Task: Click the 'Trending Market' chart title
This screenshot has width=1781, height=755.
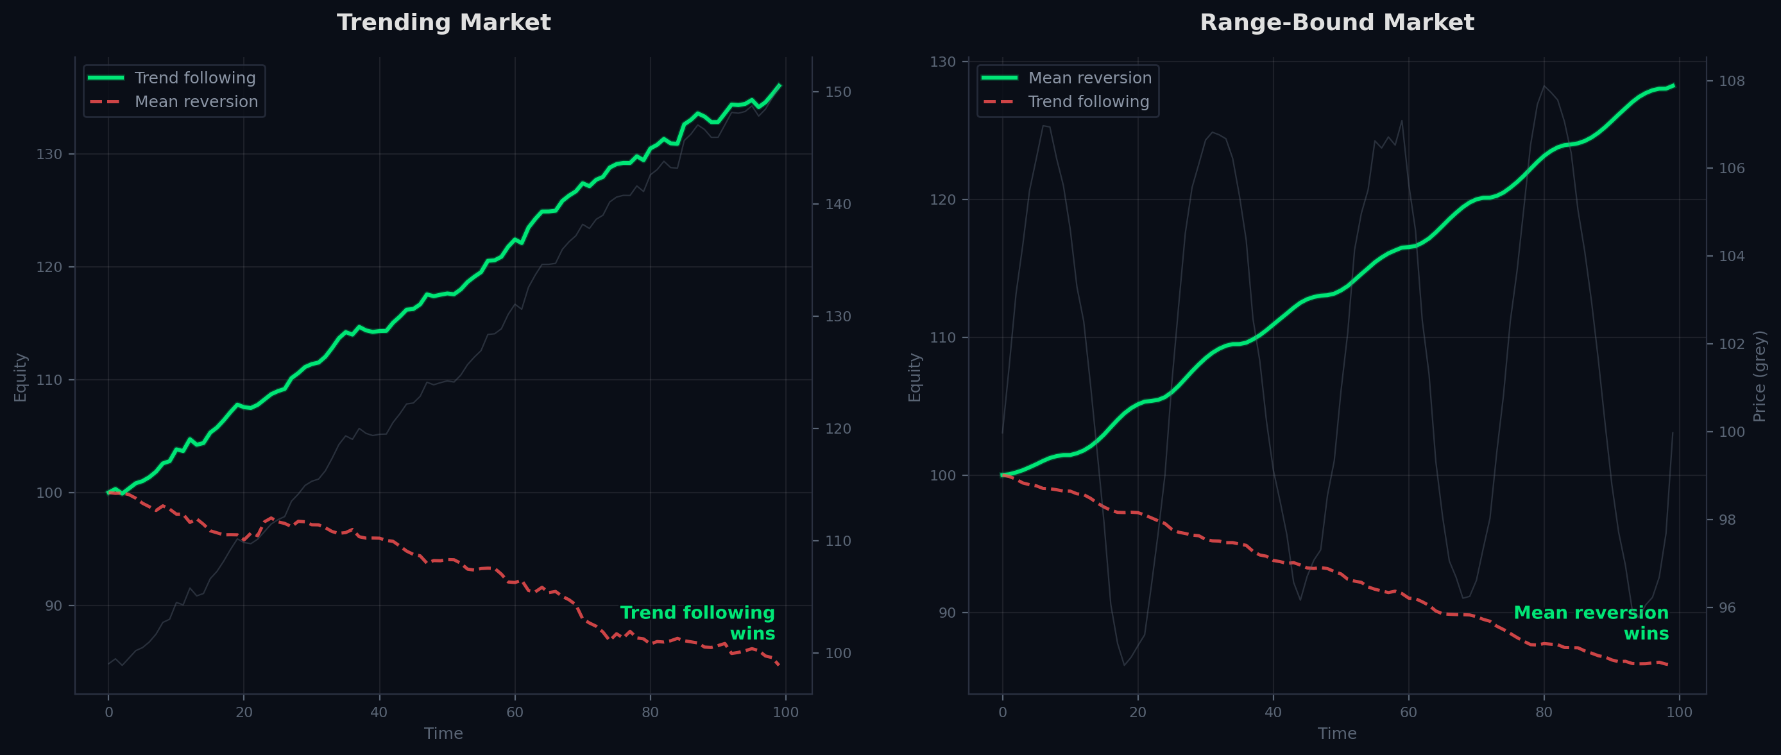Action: tap(443, 23)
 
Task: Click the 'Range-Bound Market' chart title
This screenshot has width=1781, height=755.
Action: tap(1336, 23)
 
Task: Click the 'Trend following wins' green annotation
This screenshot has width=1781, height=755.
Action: tap(697, 623)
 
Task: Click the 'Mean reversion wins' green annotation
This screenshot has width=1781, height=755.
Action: tap(1591, 623)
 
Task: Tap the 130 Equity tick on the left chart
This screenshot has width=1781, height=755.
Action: tap(49, 154)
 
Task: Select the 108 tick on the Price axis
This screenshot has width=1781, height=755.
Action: tap(1732, 81)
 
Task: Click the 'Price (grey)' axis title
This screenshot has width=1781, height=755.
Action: tap(1760, 376)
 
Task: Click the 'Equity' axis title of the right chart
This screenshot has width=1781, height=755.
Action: tap(914, 377)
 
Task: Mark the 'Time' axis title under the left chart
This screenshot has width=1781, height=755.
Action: tap(443, 734)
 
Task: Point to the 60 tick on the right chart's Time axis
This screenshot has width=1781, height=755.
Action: tap(1408, 713)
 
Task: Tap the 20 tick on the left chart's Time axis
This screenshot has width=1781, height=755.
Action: tap(243, 713)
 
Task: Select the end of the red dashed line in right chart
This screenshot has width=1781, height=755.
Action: tap(1667, 665)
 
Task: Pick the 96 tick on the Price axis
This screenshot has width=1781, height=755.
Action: tap(1732, 607)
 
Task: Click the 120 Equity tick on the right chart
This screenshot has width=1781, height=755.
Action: tap(943, 199)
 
